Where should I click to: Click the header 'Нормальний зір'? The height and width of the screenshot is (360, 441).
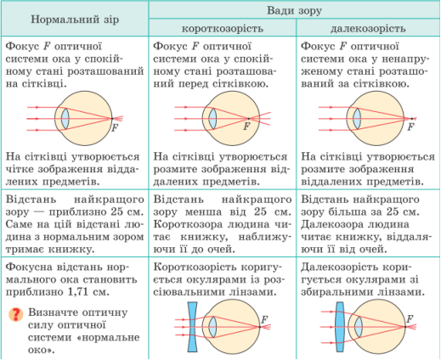tap(75, 20)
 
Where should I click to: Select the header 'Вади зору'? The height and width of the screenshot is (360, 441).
tap(294, 11)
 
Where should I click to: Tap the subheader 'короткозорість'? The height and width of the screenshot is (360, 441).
tap(223, 29)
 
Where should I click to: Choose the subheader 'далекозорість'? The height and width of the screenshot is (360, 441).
tap(368, 29)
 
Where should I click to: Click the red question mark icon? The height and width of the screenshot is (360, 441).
tap(16, 314)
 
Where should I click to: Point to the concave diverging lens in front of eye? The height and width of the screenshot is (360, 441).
tap(192, 327)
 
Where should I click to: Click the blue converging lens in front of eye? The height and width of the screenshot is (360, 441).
tap(340, 327)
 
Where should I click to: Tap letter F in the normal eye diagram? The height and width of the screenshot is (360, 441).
tap(115, 128)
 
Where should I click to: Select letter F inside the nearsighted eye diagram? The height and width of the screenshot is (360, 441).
tap(247, 127)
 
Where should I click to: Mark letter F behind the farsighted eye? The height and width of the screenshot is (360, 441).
tap(410, 127)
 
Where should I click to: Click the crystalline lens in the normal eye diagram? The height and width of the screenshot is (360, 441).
tap(65, 119)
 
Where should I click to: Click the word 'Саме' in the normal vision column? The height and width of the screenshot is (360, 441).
tap(19, 224)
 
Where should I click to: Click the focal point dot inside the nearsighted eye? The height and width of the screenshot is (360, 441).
tap(248, 119)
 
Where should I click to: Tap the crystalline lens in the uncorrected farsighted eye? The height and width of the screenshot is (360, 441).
tap(357, 119)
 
